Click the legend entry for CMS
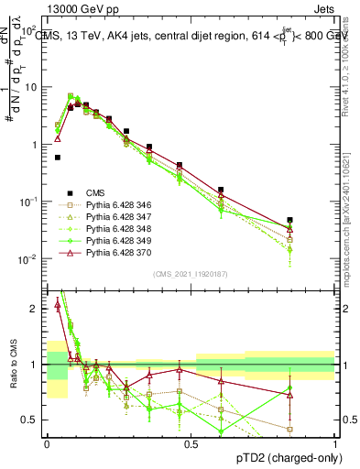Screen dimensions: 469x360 point(95,192)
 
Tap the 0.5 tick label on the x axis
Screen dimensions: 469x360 point(191,444)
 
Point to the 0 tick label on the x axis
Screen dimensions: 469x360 point(47,444)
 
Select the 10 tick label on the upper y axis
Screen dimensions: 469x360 point(32,87)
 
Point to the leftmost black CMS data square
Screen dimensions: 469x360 point(58,158)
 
